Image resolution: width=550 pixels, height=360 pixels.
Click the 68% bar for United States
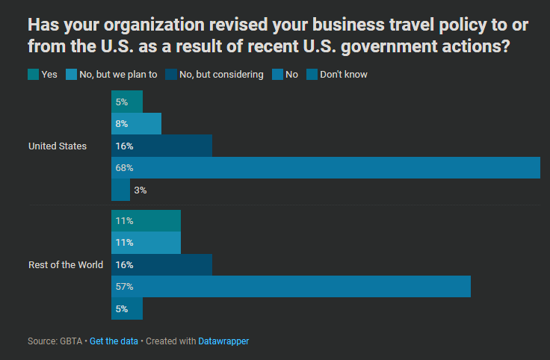click(x=325, y=168)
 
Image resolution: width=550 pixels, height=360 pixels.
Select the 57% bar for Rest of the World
click(x=291, y=287)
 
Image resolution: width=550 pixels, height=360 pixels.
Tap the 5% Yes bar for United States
click(x=126, y=102)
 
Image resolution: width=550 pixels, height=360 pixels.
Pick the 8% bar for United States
click(x=136, y=123)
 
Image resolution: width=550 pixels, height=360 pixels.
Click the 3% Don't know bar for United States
click(x=120, y=190)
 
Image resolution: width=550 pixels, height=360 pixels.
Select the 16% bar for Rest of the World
click(x=161, y=265)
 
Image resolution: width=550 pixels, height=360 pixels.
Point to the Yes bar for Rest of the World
click(x=146, y=221)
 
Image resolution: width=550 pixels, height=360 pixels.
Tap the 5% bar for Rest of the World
click(x=126, y=308)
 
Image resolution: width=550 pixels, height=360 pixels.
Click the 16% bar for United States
click(x=161, y=146)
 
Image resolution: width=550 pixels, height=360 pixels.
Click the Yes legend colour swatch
click(x=33, y=74)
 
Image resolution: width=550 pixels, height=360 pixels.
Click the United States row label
click(x=57, y=146)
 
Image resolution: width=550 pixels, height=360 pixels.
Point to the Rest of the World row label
click(x=66, y=265)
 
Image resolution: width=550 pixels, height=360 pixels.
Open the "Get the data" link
click(x=114, y=341)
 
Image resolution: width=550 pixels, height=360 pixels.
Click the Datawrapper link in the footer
click(x=223, y=341)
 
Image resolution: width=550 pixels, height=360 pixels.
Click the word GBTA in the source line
click(x=72, y=341)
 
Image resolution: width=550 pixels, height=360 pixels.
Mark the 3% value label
click(x=140, y=190)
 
